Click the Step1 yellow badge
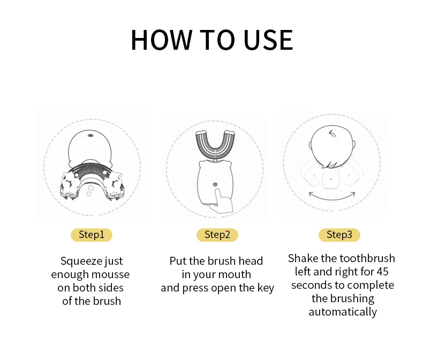click(92, 235)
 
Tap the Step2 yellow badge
click(217, 235)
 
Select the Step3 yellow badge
click(339, 235)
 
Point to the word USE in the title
click(268, 40)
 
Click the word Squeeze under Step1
click(81, 262)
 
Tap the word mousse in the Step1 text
click(111, 274)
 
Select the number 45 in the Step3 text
click(382, 272)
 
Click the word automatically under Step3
click(343, 312)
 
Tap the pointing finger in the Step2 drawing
click(222, 202)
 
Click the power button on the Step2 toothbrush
click(215, 185)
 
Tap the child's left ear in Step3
click(310, 146)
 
